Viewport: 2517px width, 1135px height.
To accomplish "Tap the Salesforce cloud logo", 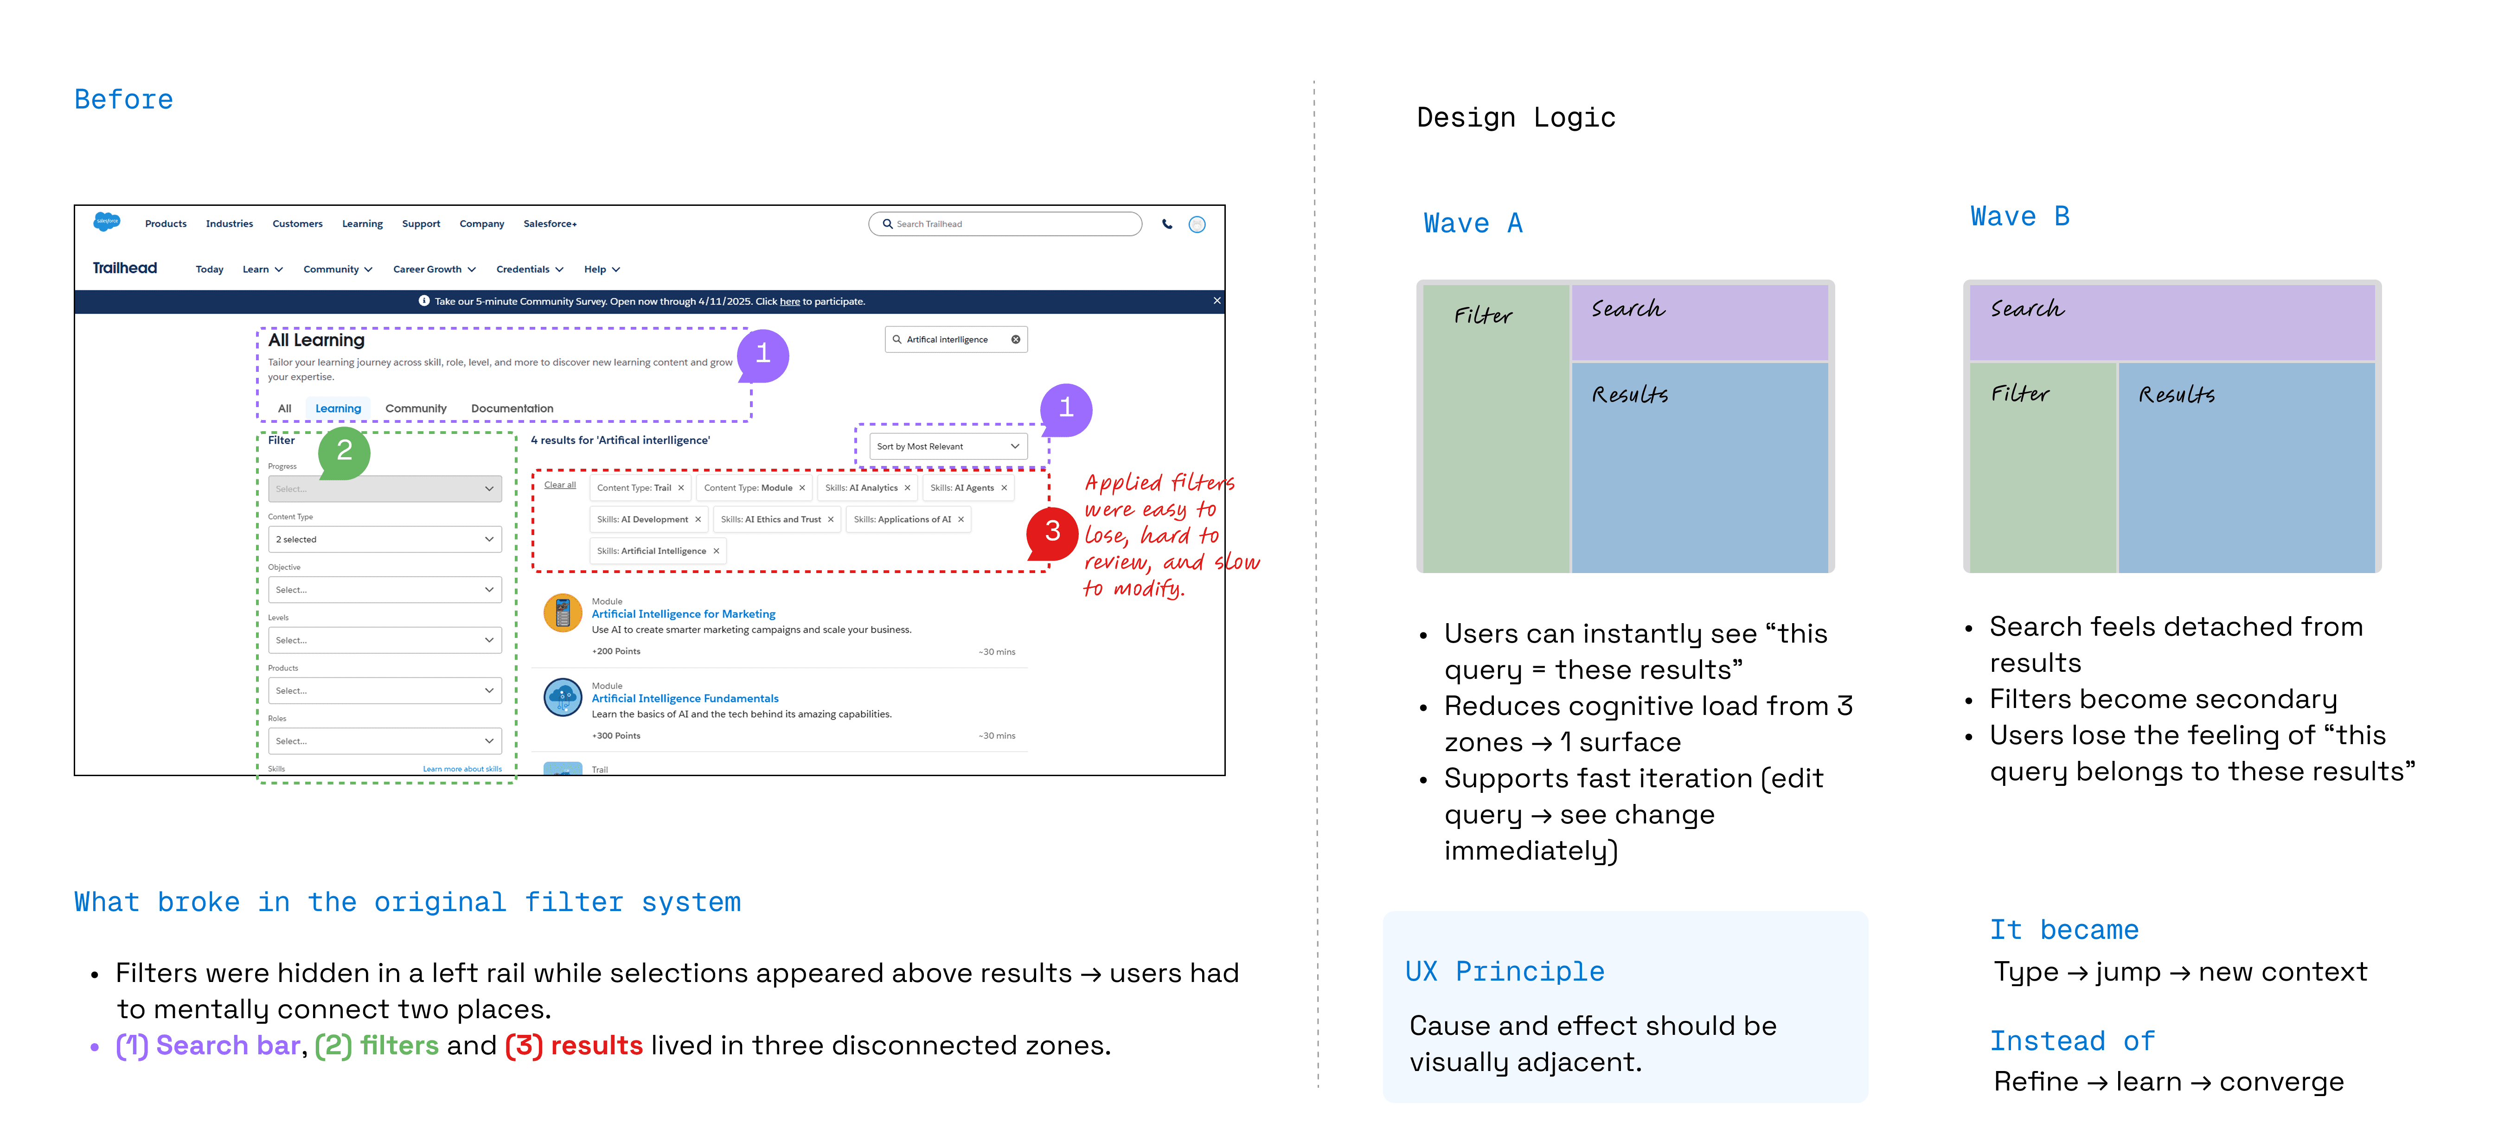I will tap(107, 222).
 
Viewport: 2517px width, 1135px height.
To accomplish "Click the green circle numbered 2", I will tap(344, 451).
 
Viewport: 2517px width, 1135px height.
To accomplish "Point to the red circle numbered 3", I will tap(1052, 532).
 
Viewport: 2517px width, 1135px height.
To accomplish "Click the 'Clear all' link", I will tap(560, 485).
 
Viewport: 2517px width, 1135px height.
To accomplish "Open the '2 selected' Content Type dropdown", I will tap(384, 539).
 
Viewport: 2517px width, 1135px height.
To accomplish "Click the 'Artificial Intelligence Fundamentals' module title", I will tap(685, 698).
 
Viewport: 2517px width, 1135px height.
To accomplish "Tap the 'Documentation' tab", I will tap(512, 408).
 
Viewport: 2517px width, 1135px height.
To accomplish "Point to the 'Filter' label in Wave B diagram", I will tap(2020, 394).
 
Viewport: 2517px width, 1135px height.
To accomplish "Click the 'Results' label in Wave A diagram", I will tap(1630, 395).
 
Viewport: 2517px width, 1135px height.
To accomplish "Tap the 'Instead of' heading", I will tap(2071, 1041).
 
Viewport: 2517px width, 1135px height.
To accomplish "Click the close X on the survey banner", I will tap(1217, 301).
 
